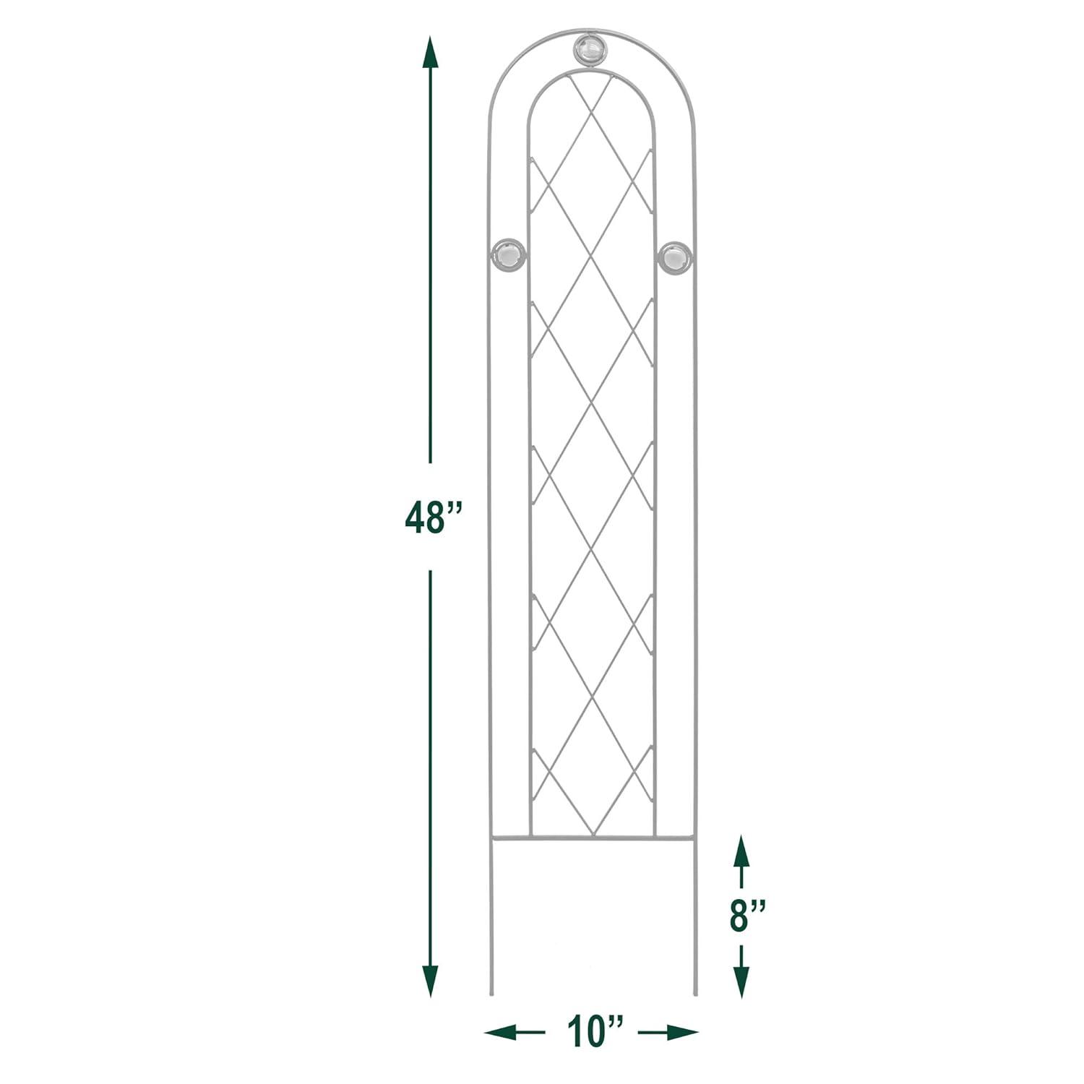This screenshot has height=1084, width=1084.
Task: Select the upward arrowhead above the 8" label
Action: tap(741, 850)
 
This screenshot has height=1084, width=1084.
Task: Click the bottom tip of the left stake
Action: tap(491, 994)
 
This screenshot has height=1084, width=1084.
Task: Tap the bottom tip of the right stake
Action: tap(695, 994)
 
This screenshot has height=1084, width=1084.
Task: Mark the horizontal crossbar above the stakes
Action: tap(593, 840)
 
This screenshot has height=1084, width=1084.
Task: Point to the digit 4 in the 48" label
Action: tap(416, 517)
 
